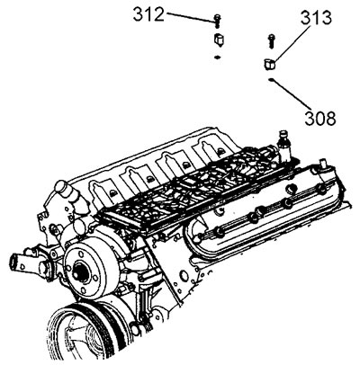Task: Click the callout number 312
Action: (x=148, y=14)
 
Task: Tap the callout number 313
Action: (x=316, y=18)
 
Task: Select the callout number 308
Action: (x=320, y=118)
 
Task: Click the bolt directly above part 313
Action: (x=271, y=41)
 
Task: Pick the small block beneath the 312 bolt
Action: (x=219, y=40)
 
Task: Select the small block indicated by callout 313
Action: (x=269, y=65)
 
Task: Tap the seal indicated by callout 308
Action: (x=271, y=80)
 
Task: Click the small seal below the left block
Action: (x=217, y=57)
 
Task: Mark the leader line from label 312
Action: (x=192, y=17)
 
